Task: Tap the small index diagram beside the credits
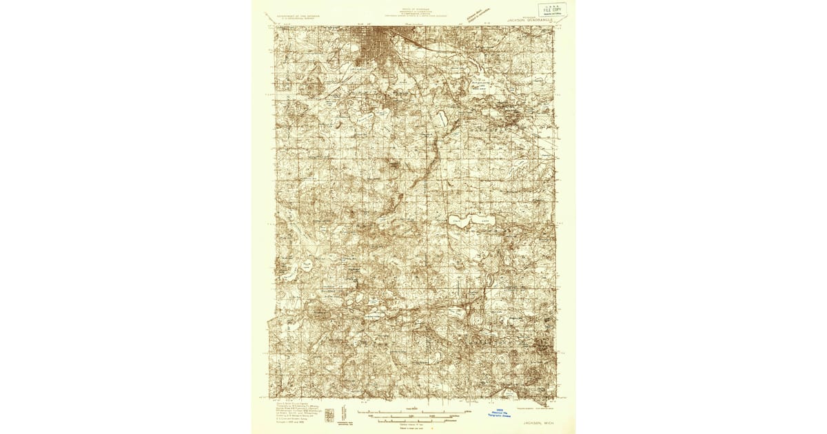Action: [329, 415]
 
